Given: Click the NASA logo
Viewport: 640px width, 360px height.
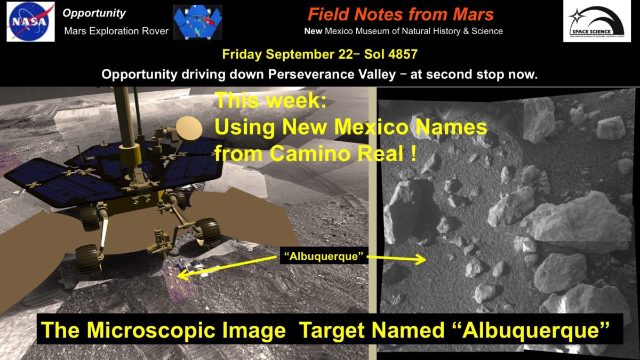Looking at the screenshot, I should click(30, 21).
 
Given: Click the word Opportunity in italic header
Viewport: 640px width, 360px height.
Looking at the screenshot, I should click(94, 13).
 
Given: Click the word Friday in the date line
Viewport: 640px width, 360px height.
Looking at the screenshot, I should click(242, 54).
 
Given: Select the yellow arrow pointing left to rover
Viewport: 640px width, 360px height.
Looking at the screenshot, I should click(229, 267).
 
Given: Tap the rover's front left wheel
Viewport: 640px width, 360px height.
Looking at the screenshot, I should click(89, 258).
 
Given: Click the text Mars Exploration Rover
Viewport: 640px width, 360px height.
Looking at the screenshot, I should click(116, 31).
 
